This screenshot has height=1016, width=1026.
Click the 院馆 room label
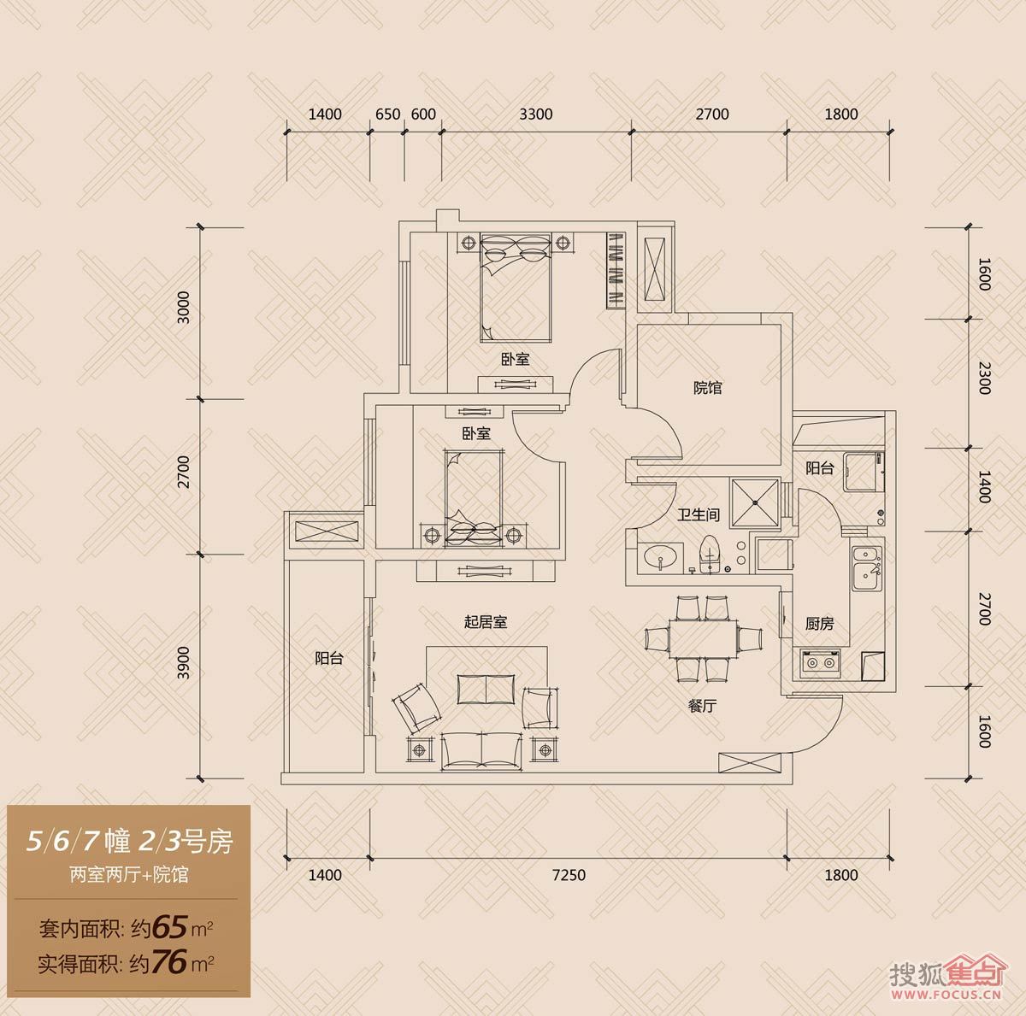tap(708, 388)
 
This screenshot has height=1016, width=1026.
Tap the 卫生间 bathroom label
tap(699, 514)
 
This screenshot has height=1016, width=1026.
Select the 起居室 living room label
tap(485, 621)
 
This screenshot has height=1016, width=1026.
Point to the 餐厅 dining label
tap(702, 706)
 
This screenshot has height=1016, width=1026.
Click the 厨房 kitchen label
tap(819, 623)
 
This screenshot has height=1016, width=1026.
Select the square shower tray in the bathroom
tap(755, 503)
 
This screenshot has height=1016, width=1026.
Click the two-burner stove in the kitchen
tap(820, 663)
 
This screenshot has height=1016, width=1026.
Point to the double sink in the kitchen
tap(867, 567)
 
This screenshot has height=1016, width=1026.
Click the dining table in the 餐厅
tap(703, 637)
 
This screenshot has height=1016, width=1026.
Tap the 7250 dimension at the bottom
tap(569, 875)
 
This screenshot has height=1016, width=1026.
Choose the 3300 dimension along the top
tap(535, 115)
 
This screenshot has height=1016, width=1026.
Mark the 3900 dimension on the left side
tap(183, 662)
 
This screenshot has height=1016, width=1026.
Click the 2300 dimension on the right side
tap(984, 379)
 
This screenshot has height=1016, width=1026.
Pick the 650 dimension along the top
tap(387, 115)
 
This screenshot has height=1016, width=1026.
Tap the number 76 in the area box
tap(169, 961)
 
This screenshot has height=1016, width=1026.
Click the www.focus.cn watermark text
tap(946, 994)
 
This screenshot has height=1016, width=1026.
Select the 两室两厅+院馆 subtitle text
tap(129, 875)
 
